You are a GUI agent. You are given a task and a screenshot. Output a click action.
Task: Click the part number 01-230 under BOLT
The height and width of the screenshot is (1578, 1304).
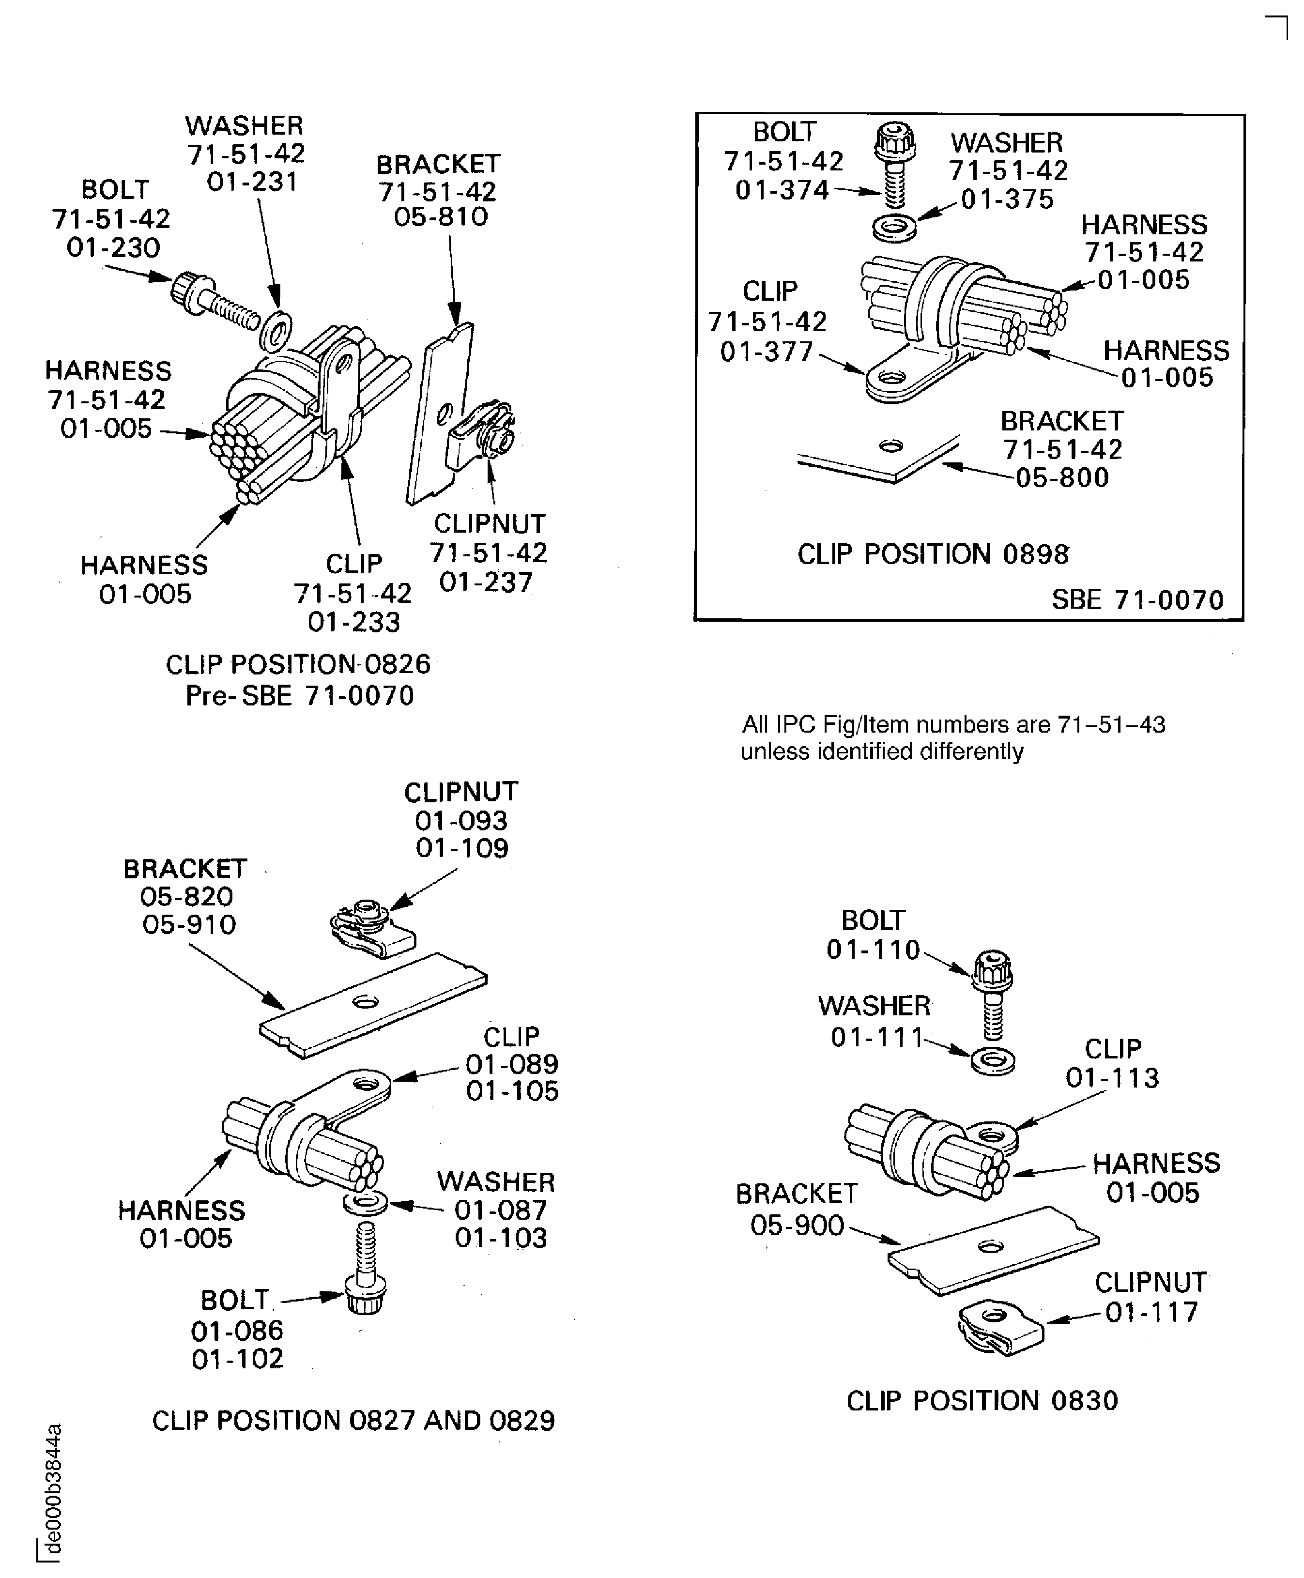113,248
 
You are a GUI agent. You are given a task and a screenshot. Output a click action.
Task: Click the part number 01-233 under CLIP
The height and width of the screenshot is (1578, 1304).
354,622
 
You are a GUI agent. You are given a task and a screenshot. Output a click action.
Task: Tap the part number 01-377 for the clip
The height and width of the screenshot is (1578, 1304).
767,352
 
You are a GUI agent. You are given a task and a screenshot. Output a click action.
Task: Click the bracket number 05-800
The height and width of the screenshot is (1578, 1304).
1062,478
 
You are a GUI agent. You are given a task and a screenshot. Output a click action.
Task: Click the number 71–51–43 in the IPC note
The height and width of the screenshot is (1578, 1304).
1111,725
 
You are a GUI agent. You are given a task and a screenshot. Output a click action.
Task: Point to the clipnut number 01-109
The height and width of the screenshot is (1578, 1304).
462,849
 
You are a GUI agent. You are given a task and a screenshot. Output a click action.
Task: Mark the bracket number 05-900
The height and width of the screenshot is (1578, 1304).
797,1226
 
